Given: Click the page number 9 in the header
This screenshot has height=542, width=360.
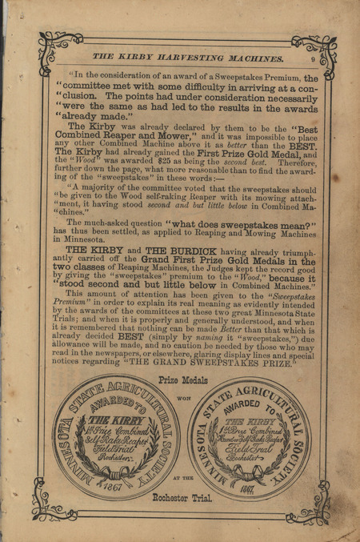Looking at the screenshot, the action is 312,57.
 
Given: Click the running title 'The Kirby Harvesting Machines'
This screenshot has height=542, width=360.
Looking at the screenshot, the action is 188,57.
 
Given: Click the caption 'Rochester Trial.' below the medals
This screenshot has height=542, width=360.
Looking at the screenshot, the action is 182,497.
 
